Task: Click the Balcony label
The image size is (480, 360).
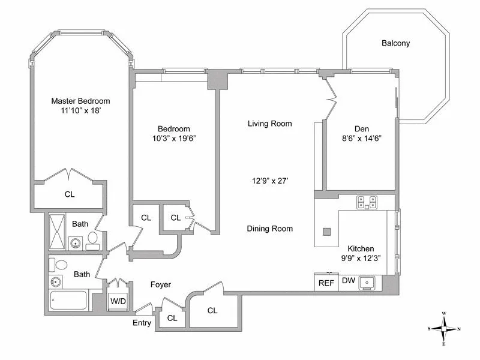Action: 395,43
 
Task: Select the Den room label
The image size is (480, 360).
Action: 361,128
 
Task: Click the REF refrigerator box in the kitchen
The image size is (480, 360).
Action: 326,283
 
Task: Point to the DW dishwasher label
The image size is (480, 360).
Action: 349,280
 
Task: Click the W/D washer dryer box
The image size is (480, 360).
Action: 118,301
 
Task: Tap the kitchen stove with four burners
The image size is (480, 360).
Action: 366,202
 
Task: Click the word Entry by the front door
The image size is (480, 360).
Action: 142,323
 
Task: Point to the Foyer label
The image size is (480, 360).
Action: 160,285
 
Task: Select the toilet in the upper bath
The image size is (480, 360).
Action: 93,239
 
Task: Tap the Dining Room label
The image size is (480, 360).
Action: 269,229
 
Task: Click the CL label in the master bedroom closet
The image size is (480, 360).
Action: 70,194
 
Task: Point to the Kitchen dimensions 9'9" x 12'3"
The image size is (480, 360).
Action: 361,259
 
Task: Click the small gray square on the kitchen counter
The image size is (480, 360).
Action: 326,232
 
